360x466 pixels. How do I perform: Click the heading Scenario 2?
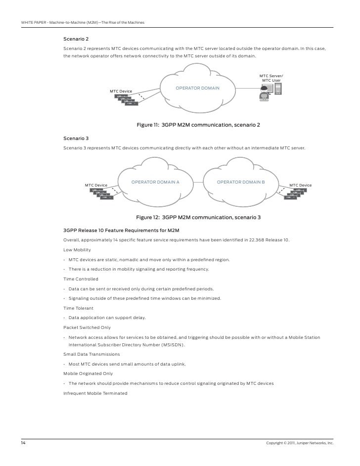pyautogui.click(x=76, y=38)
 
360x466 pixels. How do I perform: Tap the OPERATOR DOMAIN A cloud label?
pyautogui.click(x=155, y=182)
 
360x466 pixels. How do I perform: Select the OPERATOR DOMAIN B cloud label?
pyautogui.click(x=241, y=182)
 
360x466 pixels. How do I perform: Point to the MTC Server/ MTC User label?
pyautogui.click(x=271, y=78)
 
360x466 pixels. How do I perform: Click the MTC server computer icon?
pyautogui.click(x=277, y=90)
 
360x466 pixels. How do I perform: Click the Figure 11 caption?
pyautogui.click(x=198, y=125)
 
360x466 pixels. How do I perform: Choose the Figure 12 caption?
pyautogui.click(x=198, y=217)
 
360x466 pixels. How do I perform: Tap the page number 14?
pyautogui.click(x=23, y=442)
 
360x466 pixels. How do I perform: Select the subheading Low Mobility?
pyautogui.click(x=77, y=250)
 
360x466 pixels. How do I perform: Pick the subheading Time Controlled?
pyautogui.click(x=81, y=279)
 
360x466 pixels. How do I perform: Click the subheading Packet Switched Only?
pyautogui.click(x=87, y=327)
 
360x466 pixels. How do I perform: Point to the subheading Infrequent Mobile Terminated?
pyautogui.click(x=95, y=393)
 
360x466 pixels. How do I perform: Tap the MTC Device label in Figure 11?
pyautogui.click(x=121, y=92)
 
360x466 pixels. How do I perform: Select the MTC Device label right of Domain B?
pyautogui.click(x=300, y=185)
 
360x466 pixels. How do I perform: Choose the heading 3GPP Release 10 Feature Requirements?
pyautogui.click(x=121, y=231)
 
